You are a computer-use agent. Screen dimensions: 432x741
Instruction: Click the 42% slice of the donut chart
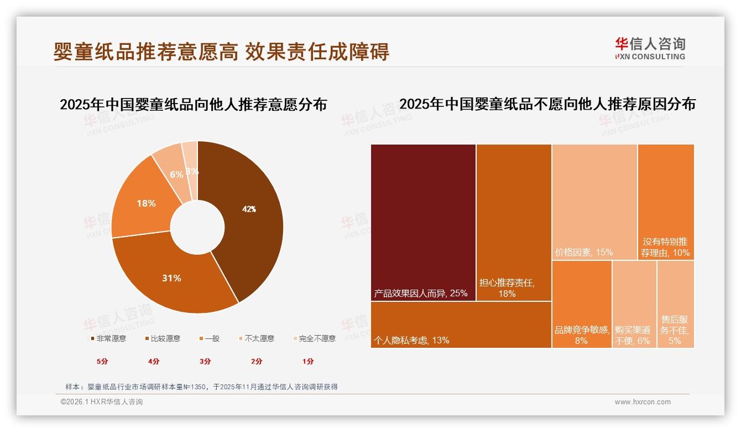pos(249,216)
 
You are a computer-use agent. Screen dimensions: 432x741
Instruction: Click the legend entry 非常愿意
pos(108,338)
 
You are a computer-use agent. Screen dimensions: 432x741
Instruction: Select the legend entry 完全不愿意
pos(314,338)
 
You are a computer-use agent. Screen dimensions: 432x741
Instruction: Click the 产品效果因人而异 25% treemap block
pos(423,222)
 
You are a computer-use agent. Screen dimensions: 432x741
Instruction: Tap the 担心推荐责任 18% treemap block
pos(514,222)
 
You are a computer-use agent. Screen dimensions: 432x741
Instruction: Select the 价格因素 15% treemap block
pos(594,202)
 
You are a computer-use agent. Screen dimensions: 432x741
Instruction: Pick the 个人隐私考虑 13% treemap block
pos(461,325)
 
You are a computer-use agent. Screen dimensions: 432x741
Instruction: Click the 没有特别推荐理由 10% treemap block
pos(666,202)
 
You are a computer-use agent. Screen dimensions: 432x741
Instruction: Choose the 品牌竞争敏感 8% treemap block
pos(582,304)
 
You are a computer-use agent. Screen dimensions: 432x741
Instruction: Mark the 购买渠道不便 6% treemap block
pos(634,304)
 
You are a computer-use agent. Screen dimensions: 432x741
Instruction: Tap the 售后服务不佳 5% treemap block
pos(675,304)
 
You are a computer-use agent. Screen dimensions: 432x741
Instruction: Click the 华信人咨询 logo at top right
pos(650,48)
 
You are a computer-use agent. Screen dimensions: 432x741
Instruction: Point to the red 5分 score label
pos(103,362)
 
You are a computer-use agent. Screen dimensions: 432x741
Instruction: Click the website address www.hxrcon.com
pos(643,402)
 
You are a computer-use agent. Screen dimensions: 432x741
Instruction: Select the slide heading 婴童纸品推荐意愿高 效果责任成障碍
pos(221,52)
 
